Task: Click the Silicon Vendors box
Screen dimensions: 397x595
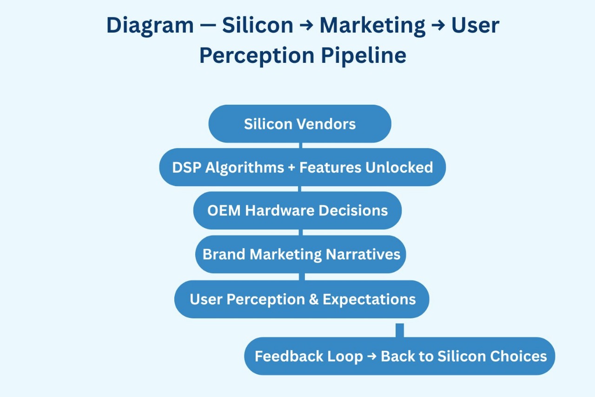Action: [300, 124]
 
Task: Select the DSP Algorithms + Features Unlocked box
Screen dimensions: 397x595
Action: [302, 167]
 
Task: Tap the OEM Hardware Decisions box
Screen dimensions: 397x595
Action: [297, 210]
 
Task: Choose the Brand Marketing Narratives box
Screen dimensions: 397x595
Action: [301, 254]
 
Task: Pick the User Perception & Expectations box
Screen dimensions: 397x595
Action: [302, 299]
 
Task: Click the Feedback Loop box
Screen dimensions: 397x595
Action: [400, 356]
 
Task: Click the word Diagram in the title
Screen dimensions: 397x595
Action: [150, 25]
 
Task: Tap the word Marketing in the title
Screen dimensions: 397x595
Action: [372, 25]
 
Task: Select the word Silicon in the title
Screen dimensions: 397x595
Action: [258, 25]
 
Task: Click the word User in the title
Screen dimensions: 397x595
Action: [475, 25]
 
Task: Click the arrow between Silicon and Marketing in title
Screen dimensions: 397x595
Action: [306, 26]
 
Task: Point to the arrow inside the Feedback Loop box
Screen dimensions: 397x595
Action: [372, 357]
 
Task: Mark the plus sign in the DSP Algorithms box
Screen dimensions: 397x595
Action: [291, 168]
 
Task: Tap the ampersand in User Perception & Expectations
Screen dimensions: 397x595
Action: [314, 299]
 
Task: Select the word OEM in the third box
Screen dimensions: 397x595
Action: [224, 210]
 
